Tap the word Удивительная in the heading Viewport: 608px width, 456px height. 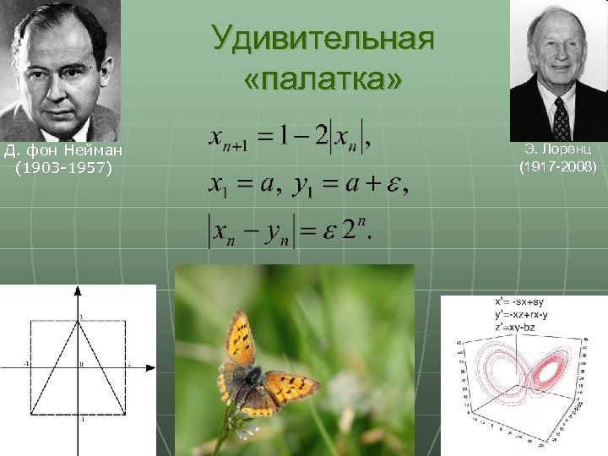point(323,39)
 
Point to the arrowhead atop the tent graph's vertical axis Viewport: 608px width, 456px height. point(78,290)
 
